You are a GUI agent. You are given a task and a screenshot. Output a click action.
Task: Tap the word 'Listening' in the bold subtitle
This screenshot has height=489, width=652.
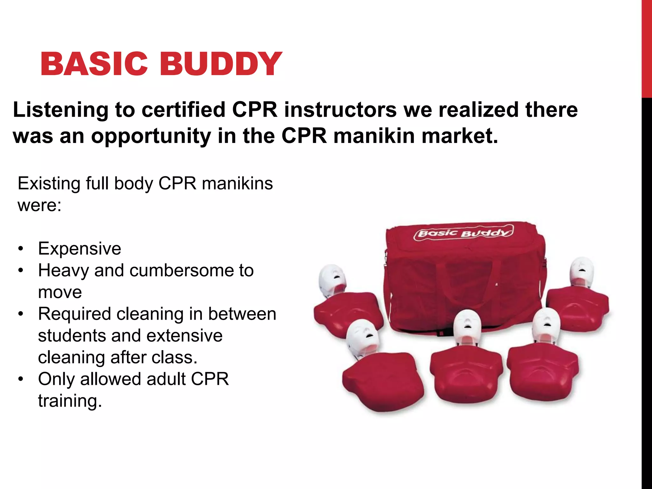click(60, 110)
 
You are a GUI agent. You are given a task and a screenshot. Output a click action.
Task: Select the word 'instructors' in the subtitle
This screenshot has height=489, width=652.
click(340, 110)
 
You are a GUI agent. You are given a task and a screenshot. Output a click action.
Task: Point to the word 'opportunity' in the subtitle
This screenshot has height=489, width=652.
click(151, 136)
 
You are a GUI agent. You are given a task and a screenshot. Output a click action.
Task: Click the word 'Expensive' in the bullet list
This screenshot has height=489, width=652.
click(80, 249)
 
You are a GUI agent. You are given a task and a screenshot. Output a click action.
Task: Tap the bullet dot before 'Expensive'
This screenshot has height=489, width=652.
click(21, 249)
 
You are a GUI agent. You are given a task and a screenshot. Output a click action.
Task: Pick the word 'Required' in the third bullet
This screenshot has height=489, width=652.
click(74, 314)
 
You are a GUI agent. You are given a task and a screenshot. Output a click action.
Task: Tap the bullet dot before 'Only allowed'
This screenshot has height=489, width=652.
click(21, 379)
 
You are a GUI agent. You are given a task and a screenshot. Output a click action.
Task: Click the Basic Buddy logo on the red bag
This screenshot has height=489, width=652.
click(463, 233)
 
